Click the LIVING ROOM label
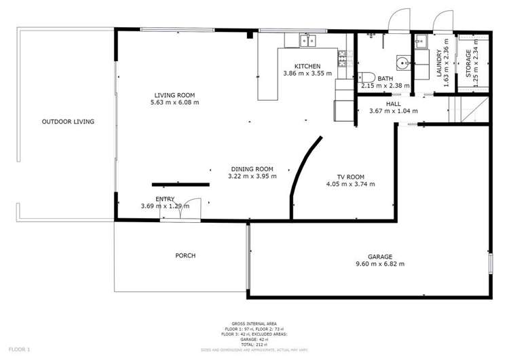[x=174, y=95]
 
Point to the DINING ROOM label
[x=252, y=169]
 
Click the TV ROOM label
[x=350, y=176]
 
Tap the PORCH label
[x=185, y=256]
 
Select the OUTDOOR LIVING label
[x=68, y=122]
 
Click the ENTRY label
[x=165, y=199]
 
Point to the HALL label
[x=393, y=104]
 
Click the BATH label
[x=385, y=79]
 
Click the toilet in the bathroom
[x=366, y=76]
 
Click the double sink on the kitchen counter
[x=308, y=41]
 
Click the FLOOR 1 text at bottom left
[x=18, y=349]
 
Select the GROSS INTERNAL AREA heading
[x=254, y=323]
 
